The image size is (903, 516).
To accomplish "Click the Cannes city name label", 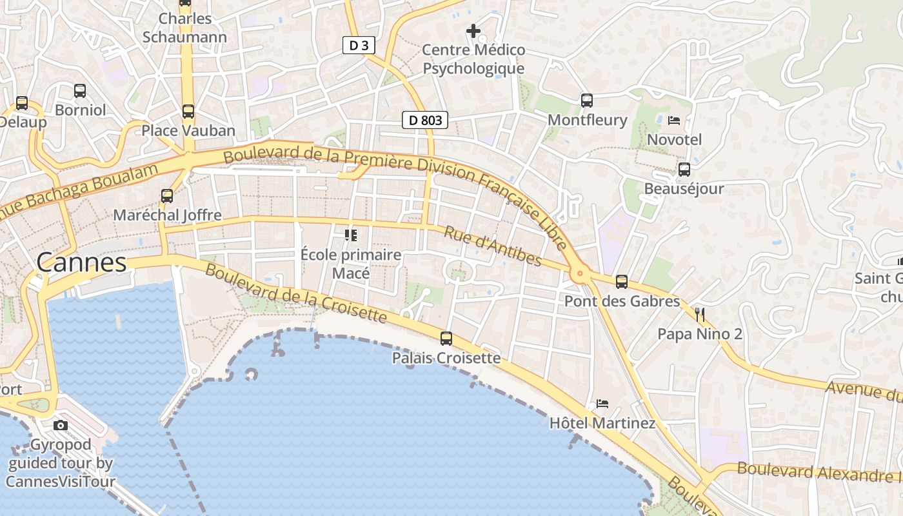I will click(81, 263).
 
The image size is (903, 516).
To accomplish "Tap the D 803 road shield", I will click(425, 119).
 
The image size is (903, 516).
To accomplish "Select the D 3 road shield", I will click(359, 45).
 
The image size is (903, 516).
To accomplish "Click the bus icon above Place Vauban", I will click(188, 112).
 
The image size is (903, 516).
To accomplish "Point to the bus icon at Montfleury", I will click(586, 101).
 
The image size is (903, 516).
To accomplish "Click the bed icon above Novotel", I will click(674, 120).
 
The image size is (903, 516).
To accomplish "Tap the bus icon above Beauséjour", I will click(684, 170).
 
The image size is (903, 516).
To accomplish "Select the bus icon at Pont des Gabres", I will click(621, 282).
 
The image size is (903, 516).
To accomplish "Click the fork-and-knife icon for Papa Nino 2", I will click(700, 315).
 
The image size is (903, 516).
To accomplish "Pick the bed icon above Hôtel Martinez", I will click(602, 404).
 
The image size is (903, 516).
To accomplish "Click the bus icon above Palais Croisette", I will click(446, 338).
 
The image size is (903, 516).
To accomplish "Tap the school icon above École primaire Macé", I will click(351, 235).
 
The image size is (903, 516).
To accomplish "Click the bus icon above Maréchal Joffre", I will click(167, 195).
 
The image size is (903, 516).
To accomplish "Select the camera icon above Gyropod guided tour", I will click(61, 425).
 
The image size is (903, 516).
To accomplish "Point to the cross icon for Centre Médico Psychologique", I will click(473, 30).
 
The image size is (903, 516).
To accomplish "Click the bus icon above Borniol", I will click(80, 91).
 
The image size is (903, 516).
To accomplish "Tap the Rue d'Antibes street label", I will click(493, 246).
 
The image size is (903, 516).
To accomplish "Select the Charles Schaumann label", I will click(184, 28).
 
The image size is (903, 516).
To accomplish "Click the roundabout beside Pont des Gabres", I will click(579, 275).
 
